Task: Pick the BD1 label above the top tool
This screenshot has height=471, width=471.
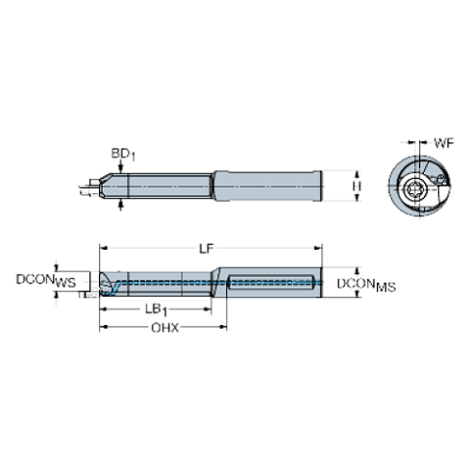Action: [121, 152]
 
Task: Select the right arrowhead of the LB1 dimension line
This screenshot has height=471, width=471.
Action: [209, 309]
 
